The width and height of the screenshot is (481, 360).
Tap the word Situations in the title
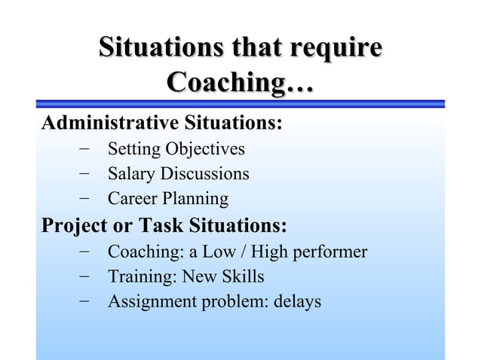tap(151, 48)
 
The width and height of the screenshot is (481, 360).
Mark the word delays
tap(298, 302)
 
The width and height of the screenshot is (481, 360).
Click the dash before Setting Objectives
tap(84, 149)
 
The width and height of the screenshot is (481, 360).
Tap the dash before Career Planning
tap(84, 200)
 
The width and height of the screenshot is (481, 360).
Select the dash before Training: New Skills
tap(84, 276)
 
